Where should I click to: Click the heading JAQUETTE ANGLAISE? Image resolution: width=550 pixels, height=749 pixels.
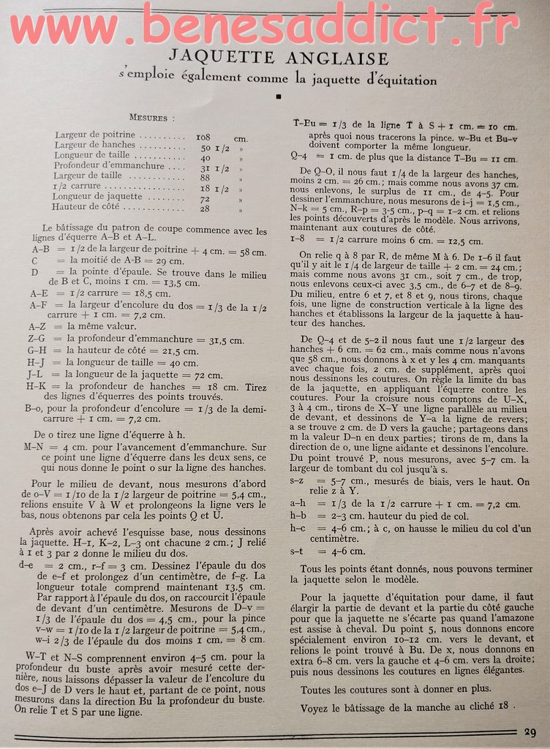(x=279, y=56)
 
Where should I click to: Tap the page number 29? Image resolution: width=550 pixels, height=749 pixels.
(x=531, y=732)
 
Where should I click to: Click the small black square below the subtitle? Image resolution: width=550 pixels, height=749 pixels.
(x=278, y=96)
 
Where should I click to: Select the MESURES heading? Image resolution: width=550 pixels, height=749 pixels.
(x=152, y=117)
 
